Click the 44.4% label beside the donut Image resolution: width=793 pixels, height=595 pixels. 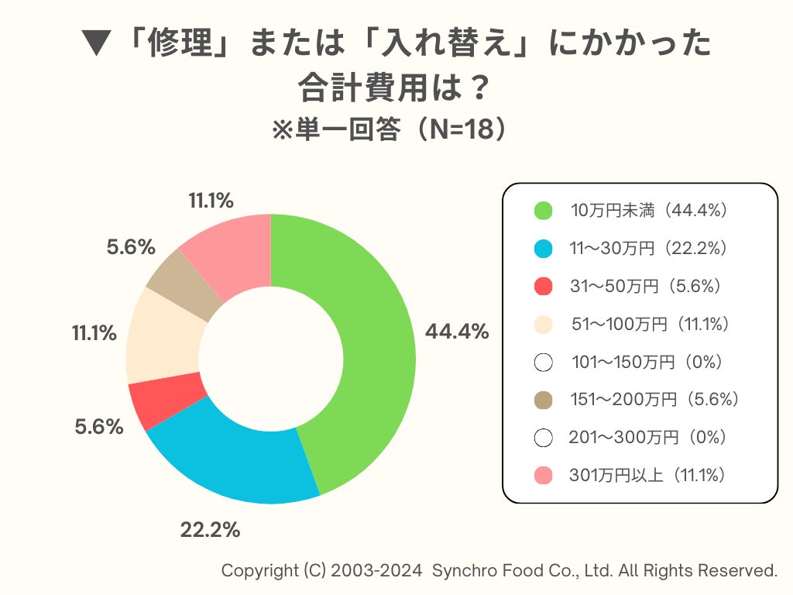[x=457, y=332]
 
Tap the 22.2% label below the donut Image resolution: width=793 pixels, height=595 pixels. [x=210, y=530]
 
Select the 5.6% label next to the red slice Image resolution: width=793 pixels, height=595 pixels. [x=99, y=426]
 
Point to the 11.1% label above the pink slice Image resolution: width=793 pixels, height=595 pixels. [x=211, y=201]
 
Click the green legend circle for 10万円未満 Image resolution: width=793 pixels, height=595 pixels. [x=544, y=211]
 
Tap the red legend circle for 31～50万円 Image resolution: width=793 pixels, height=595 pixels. [x=544, y=287]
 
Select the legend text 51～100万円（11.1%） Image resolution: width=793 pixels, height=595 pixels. [x=651, y=324]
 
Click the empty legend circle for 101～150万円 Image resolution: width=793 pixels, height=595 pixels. [x=544, y=362]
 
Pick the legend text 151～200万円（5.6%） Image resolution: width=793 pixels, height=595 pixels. [x=654, y=400]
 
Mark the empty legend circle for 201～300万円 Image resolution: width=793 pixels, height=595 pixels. [x=544, y=438]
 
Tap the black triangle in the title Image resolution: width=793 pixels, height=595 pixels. [x=97, y=45]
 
